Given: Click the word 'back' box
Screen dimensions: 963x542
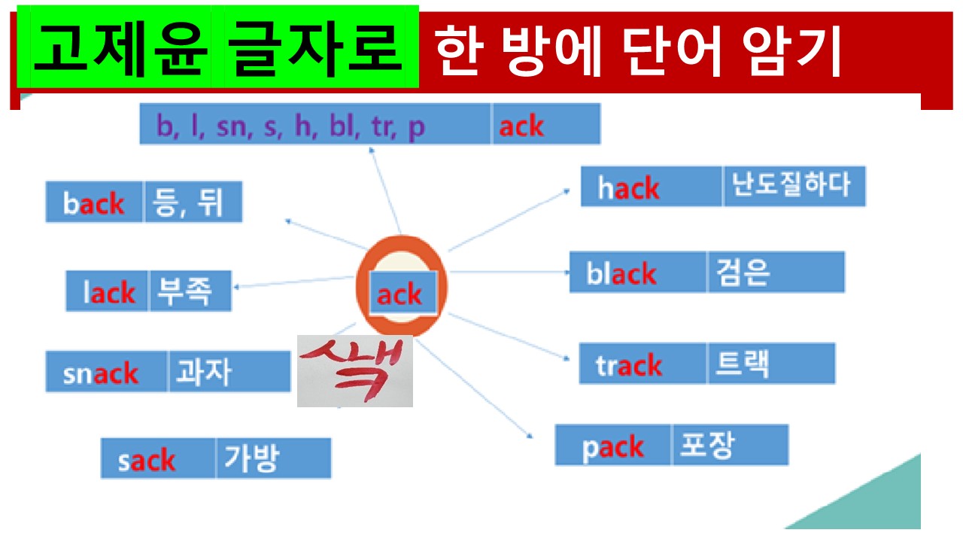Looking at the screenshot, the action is click(94, 202).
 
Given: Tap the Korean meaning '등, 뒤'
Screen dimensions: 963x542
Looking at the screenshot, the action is click(193, 202).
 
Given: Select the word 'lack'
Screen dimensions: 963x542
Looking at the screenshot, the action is click(108, 291).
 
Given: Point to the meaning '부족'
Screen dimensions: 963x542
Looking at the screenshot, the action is click(190, 291).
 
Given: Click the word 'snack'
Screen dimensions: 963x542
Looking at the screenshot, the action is click(106, 372).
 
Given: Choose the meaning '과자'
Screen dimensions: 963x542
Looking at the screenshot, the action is click(229, 371).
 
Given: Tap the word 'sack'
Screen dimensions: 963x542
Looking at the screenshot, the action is click(158, 458).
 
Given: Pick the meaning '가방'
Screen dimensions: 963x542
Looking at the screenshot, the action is click(273, 458).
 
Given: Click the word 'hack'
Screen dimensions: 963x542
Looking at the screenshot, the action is click(652, 187).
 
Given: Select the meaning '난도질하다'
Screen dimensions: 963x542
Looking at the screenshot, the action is click(794, 186).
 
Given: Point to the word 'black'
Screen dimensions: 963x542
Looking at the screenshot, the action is click(638, 273).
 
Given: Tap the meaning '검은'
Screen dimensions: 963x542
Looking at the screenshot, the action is click(776, 272).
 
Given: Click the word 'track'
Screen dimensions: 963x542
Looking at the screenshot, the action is click(643, 364).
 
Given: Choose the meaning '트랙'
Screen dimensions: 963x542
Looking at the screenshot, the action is click(770, 364).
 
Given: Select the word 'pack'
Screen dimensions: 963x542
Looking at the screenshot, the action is click(613, 446).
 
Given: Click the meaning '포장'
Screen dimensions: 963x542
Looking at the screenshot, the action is click(730, 445).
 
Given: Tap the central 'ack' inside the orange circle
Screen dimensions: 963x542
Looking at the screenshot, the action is click(403, 294).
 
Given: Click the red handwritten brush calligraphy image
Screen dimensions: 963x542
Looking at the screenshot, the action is click(355, 371).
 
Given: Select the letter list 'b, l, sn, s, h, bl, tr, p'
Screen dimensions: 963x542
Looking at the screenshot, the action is click(315, 124).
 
